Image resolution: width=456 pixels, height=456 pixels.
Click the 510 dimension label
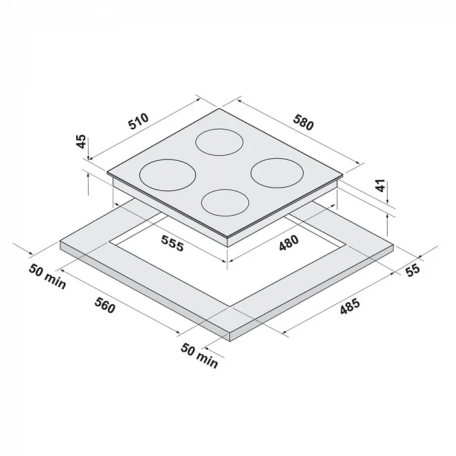[x=139, y=121]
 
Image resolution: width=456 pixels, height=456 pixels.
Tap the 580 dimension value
[x=304, y=122]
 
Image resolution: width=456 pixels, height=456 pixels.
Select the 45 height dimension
[x=81, y=141]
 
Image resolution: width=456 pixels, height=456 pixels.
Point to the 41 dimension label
[x=380, y=186]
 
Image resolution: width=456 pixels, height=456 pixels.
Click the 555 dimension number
[x=173, y=243]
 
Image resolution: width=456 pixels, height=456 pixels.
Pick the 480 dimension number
[x=289, y=243]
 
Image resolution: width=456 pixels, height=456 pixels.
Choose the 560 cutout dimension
[x=105, y=305]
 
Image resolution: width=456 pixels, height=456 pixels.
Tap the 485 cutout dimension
[x=350, y=307]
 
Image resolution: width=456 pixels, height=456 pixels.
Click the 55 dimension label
[x=413, y=270]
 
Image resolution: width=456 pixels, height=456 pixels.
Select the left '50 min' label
[x=48, y=277]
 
